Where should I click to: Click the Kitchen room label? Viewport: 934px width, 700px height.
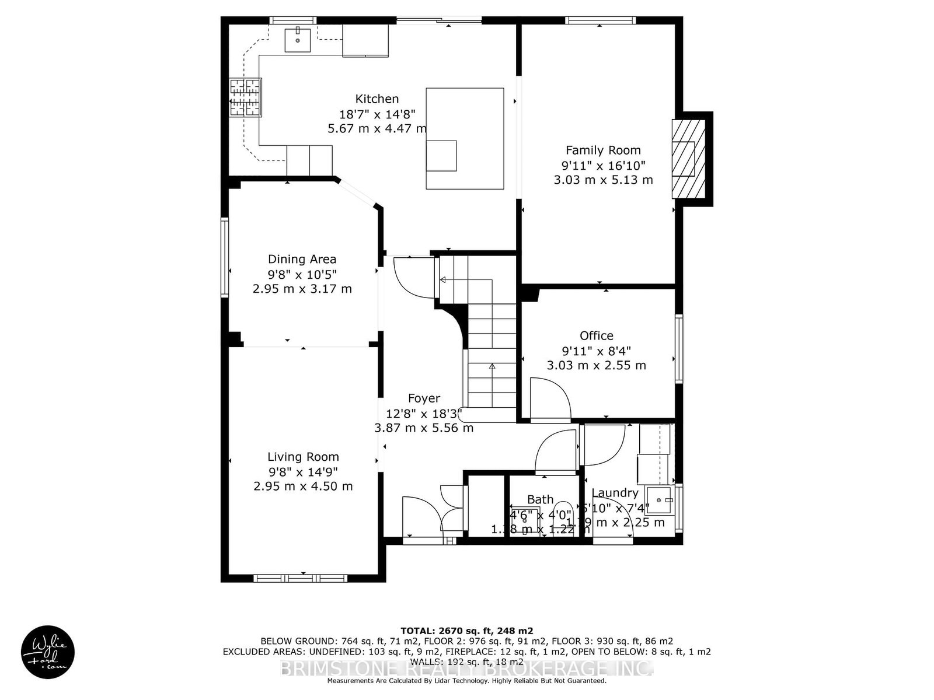(377, 99)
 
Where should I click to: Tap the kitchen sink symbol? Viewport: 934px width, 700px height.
(298, 40)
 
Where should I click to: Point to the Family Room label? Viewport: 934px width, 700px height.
(603, 150)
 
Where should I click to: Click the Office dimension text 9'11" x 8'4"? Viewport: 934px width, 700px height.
(596, 351)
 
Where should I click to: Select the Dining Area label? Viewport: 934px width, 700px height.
(302, 259)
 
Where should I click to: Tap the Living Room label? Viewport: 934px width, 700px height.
(303, 457)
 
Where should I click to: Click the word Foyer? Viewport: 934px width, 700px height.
(424, 398)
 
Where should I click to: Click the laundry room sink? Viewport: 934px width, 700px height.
(661, 500)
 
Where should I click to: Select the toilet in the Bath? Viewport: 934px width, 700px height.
(563, 510)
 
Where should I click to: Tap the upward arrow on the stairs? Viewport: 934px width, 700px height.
(492, 366)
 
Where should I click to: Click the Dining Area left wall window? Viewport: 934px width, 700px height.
(224, 257)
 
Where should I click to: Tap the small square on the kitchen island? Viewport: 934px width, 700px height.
(441, 156)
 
